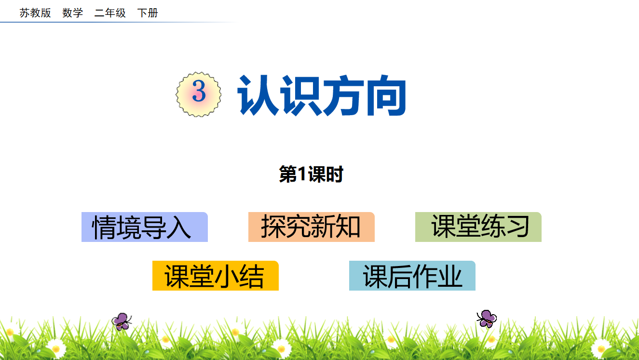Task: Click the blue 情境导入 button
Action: (x=145, y=227)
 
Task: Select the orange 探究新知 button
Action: (x=311, y=227)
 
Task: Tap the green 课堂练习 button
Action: (x=478, y=227)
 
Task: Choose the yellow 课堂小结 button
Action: (x=216, y=276)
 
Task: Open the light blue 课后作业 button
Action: (x=412, y=276)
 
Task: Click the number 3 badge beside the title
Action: (x=199, y=94)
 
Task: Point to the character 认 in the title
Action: (x=258, y=95)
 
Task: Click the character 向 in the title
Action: (x=386, y=95)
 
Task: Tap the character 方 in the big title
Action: (x=343, y=95)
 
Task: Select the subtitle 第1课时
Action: (x=311, y=174)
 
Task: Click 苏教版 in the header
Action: (x=35, y=13)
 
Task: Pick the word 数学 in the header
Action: (x=73, y=13)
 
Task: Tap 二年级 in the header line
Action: (x=110, y=13)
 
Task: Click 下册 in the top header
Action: (x=148, y=13)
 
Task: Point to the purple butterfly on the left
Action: (x=122, y=321)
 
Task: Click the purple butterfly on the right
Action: (x=487, y=319)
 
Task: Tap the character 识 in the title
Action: (x=301, y=95)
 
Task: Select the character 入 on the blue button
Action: (x=178, y=227)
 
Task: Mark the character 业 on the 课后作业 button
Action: (x=449, y=276)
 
